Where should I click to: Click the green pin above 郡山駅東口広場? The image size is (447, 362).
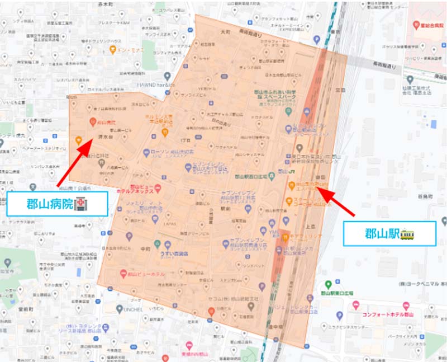[329, 284]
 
